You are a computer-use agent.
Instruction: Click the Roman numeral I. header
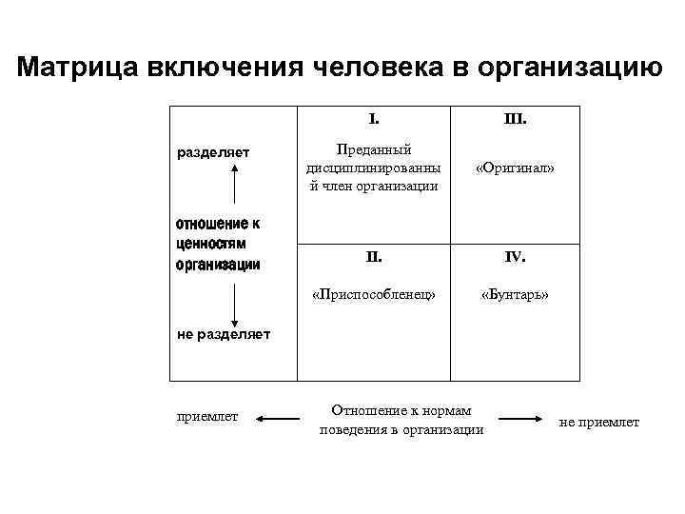(x=374, y=121)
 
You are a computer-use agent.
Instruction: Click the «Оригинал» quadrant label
(x=516, y=168)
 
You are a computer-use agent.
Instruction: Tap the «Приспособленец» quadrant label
(x=374, y=294)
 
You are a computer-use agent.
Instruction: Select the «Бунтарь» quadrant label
(x=516, y=294)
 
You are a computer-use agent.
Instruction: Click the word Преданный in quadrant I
(x=375, y=149)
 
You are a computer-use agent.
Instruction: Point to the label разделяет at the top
(x=214, y=151)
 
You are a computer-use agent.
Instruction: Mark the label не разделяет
(x=224, y=333)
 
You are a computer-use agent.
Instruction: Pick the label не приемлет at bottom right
(x=599, y=422)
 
